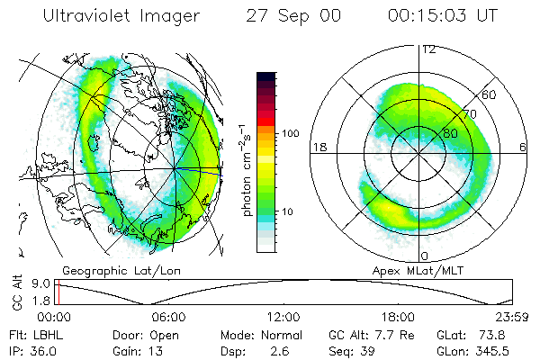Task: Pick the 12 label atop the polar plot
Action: [x=428, y=49]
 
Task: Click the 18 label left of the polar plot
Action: [x=319, y=146]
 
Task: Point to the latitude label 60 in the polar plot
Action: [x=489, y=94]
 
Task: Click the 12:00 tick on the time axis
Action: [x=283, y=318]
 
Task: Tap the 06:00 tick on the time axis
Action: [x=168, y=318]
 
